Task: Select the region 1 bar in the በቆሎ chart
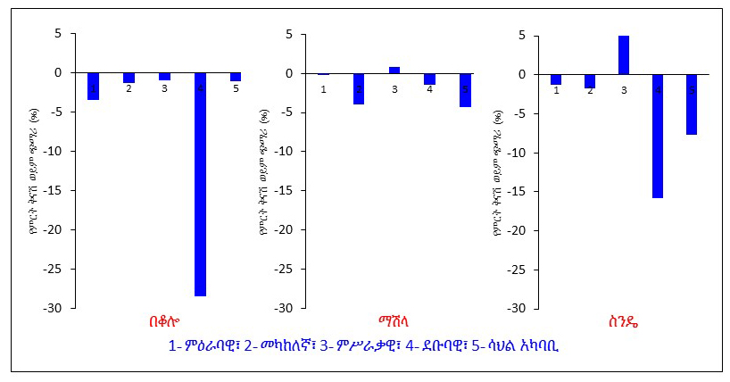[93, 86]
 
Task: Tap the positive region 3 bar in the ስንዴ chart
[624, 54]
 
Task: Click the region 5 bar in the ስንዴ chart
[692, 104]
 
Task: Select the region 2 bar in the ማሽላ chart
[359, 88]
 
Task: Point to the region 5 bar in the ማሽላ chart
[465, 90]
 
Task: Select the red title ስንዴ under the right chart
[625, 322]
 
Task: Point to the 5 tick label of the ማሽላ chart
[289, 34]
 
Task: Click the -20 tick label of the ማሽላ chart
[285, 229]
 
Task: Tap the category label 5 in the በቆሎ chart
[236, 88]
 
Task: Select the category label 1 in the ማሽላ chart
[323, 88]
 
